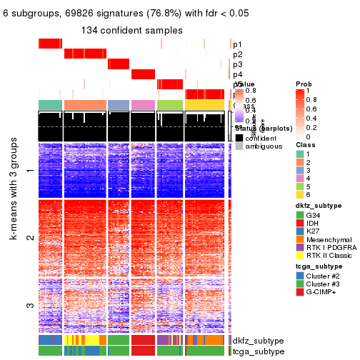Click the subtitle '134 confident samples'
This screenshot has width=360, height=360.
(x=131, y=30)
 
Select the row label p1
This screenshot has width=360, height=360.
(x=237, y=44)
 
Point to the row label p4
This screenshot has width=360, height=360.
(x=237, y=74)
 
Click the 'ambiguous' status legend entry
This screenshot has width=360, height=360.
(x=265, y=146)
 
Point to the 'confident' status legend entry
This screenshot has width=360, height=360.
(x=264, y=137)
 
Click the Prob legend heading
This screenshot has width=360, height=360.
(x=304, y=84)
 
